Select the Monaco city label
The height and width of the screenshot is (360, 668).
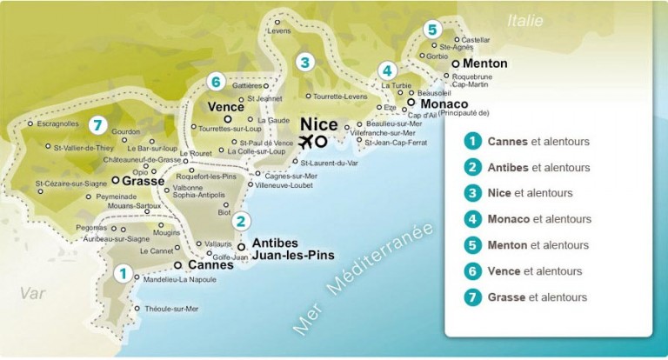pyautogui.click(x=443, y=103)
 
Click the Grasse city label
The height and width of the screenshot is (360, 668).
pyautogui.click(x=143, y=182)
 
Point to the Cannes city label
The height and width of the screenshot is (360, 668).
pyautogui.click(x=210, y=265)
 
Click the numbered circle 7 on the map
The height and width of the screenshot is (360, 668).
pyautogui.click(x=98, y=124)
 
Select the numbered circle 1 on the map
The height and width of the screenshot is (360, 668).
pyautogui.click(x=124, y=273)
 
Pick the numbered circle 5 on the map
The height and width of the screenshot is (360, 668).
pyautogui.click(x=432, y=30)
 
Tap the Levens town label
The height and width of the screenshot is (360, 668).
pyautogui.click(x=278, y=31)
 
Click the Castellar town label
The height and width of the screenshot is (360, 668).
pyautogui.click(x=476, y=40)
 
